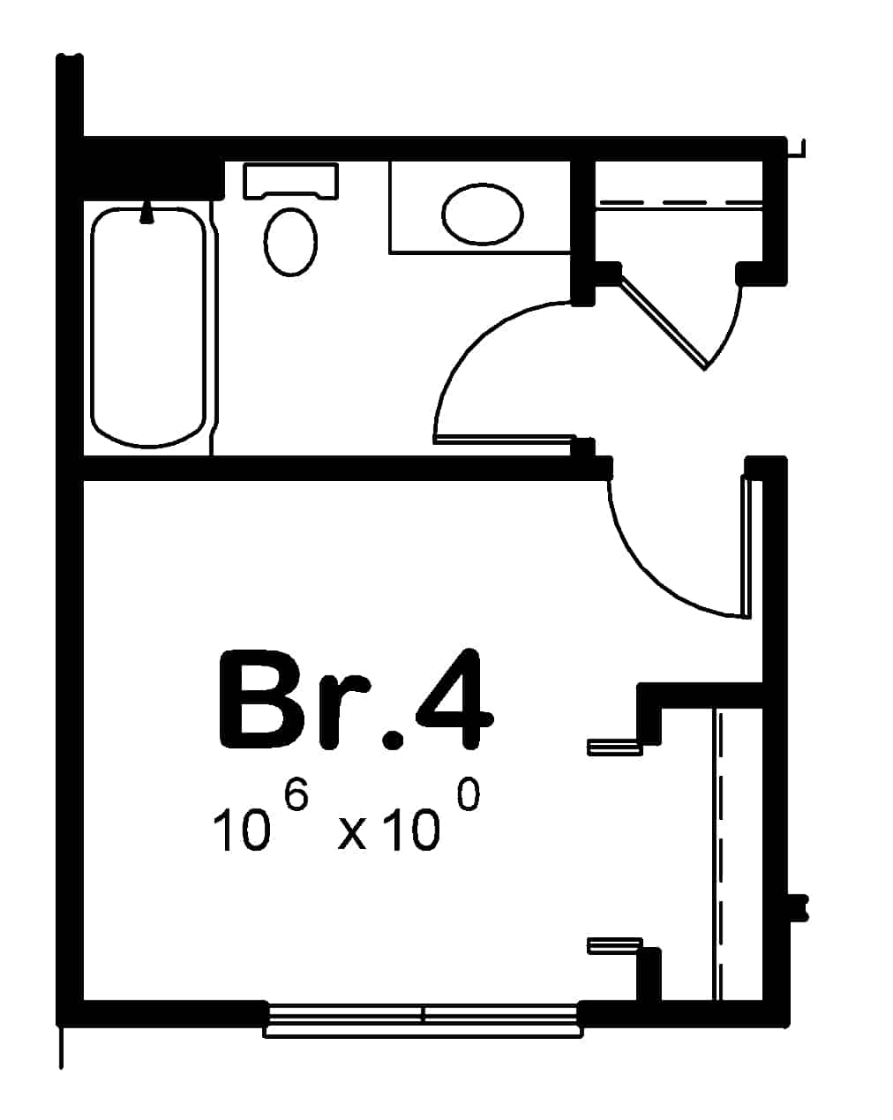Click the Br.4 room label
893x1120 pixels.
[354, 702]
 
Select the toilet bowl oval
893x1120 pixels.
[289, 242]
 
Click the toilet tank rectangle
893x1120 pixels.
[290, 179]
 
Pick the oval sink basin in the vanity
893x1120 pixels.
[482, 214]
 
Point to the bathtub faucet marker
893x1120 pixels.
[147, 212]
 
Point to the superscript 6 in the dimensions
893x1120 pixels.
[297, 797]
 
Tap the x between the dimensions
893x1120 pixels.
[352, 834]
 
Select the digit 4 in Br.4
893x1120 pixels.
[453, 702]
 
